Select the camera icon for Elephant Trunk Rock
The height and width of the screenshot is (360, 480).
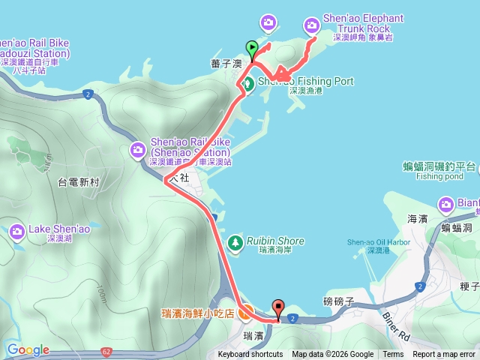point(312,26)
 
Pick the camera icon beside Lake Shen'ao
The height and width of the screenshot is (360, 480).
point(17,233)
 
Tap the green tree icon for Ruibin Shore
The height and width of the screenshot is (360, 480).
point(235,242)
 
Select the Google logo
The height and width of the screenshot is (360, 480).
point(28,349)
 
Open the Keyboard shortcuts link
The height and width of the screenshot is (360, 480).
point(250,355)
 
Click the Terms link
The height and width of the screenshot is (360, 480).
point(393,355)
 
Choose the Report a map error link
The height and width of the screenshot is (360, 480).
point(444,355)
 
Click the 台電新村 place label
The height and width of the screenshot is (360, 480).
point(78,181)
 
